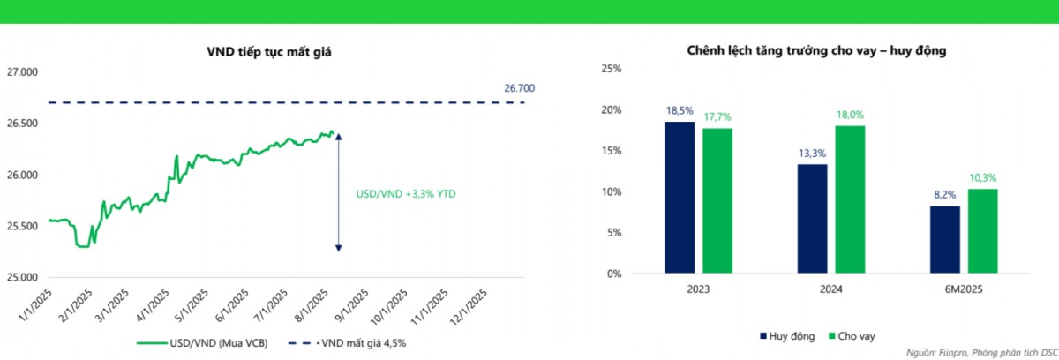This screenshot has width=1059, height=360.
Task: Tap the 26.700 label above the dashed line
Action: tap(519, 88)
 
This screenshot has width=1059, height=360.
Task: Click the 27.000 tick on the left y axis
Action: tap(23, 72)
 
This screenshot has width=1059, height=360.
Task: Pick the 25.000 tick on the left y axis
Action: tap(23, 277)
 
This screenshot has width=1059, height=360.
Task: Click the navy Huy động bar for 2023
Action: tap(680, 198)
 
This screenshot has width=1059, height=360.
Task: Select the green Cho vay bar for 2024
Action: tap(849, 199)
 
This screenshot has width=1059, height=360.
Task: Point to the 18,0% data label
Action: tap(849, 115)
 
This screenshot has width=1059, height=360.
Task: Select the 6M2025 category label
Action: tap(963, 289)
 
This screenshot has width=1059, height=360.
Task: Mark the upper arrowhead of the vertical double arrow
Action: tap(338, 136)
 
